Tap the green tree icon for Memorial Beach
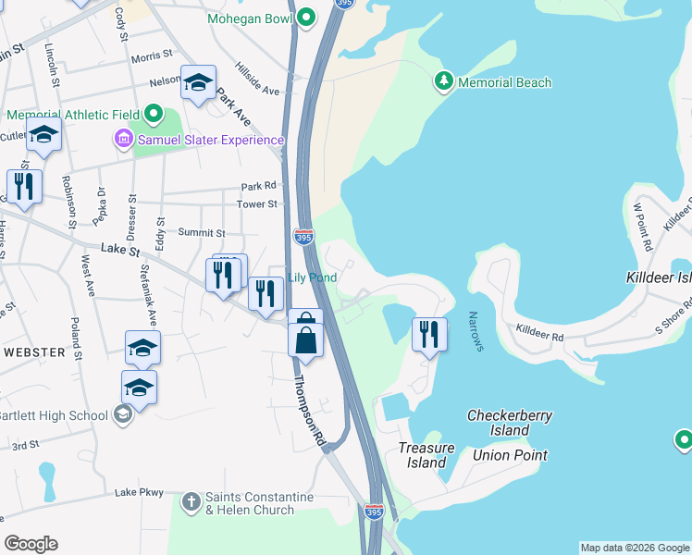444,82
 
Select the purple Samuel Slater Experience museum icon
122,140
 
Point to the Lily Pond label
312,277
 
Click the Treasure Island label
426,455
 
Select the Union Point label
510,454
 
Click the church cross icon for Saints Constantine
192,502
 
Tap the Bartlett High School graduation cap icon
121,414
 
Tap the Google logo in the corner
31,544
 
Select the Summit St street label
202,233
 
